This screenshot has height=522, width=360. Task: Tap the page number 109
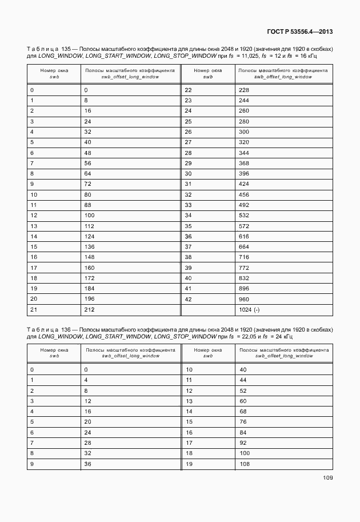pos(327,477)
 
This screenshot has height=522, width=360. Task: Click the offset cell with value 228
pos(243,90)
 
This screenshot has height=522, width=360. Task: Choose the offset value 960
pos(243,298)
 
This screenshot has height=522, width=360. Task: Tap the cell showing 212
pos(89,309)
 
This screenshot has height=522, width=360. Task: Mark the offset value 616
pos(243,236)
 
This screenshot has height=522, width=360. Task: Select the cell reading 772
pos(243,267)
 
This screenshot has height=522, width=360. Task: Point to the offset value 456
pos(243,194)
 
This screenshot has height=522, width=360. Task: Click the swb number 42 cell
pos(188,298)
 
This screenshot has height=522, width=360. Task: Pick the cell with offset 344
pos(243,152)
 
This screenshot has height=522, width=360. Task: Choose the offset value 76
pos(243,421)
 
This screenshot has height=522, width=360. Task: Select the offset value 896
pos(243,288)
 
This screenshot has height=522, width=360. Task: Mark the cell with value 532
pos(243,215)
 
